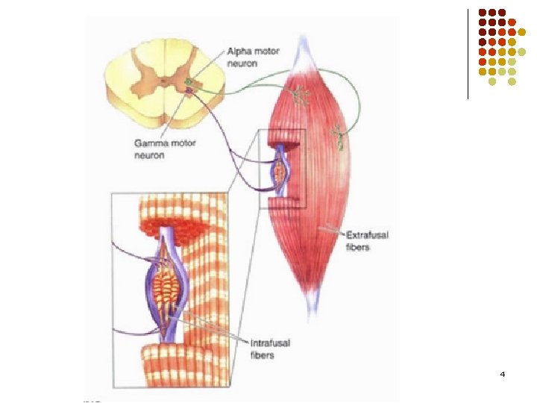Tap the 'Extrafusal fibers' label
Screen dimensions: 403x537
[x=368, y=241]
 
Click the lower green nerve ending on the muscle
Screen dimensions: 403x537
[x=337, y=135]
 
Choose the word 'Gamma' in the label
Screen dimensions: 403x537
[x=148, y=143]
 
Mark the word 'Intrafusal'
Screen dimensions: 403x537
[x=268, y=343]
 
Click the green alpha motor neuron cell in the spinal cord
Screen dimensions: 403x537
[x=189, y=81]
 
